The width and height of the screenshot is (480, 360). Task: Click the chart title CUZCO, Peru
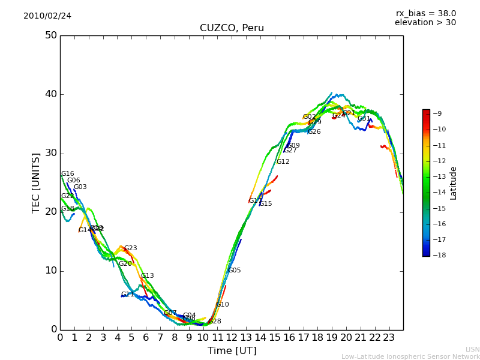click(232, 28)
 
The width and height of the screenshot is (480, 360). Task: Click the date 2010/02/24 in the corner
click(47, 16)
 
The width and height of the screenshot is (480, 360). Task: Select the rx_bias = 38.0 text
click(425, 14)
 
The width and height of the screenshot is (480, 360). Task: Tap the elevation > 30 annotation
click(425, 23)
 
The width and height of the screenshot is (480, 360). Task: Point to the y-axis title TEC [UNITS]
click(36, 182)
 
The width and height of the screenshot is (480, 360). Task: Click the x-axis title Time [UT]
click(232, 351)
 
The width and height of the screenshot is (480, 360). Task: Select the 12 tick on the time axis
click(232, 337)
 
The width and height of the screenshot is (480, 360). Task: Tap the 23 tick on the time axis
click(389, 337)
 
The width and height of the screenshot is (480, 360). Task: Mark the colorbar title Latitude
click(454, 183)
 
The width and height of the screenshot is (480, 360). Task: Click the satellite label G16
click(68, 174)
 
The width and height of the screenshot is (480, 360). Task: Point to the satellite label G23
click(131, 248)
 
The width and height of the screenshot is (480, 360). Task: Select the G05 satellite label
click(234, 271)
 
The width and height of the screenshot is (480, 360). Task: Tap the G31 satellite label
click(364, 119)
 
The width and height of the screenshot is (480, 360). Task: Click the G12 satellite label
click(283, 162)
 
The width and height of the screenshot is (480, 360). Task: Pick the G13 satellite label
click(148, 276)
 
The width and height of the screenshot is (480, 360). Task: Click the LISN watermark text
click(472, 349)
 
